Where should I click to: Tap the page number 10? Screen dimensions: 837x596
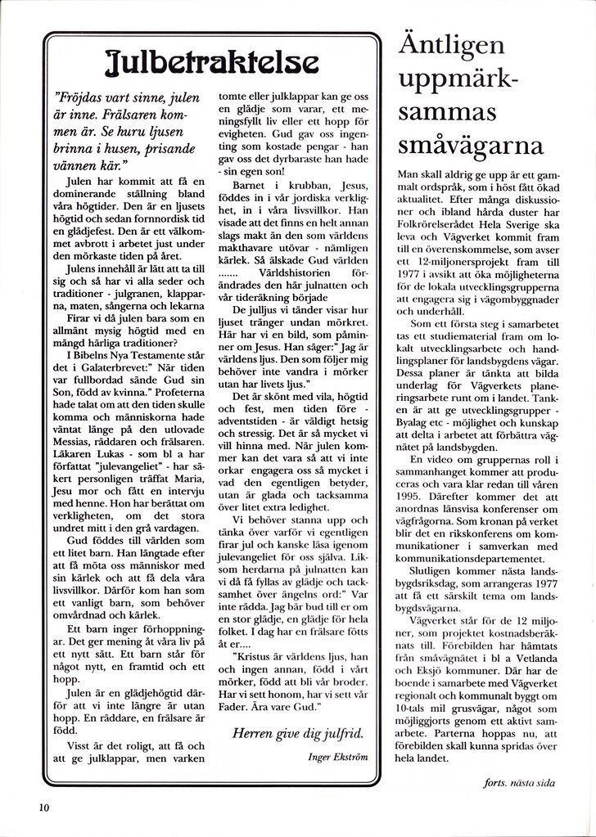(x=44, y=807)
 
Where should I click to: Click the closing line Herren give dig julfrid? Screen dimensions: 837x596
(x=298, y=732)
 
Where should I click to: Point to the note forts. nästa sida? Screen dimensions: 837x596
(x=519, y=782)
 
